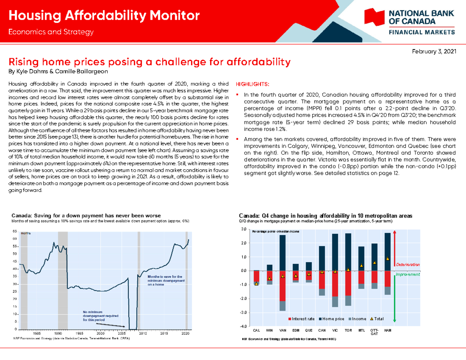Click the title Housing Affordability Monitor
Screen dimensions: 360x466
(x=104, y=16)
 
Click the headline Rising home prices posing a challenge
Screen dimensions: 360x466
(x=150, y=62)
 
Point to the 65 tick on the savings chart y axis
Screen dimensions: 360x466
(x=14, y=231)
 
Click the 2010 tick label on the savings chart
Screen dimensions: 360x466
(x=143, y=333)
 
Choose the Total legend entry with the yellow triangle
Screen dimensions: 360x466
(x=376, y=319)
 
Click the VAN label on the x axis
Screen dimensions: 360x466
(x=282, y=330)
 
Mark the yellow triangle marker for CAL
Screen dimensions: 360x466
(x=256, y=284)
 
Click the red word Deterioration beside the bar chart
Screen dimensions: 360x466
(x=408, y=264)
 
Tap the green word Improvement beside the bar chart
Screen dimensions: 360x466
(x=408, y=274)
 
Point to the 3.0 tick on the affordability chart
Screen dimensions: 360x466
(x=243, y=229)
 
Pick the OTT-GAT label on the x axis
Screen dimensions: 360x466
(x=374, y=332)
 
